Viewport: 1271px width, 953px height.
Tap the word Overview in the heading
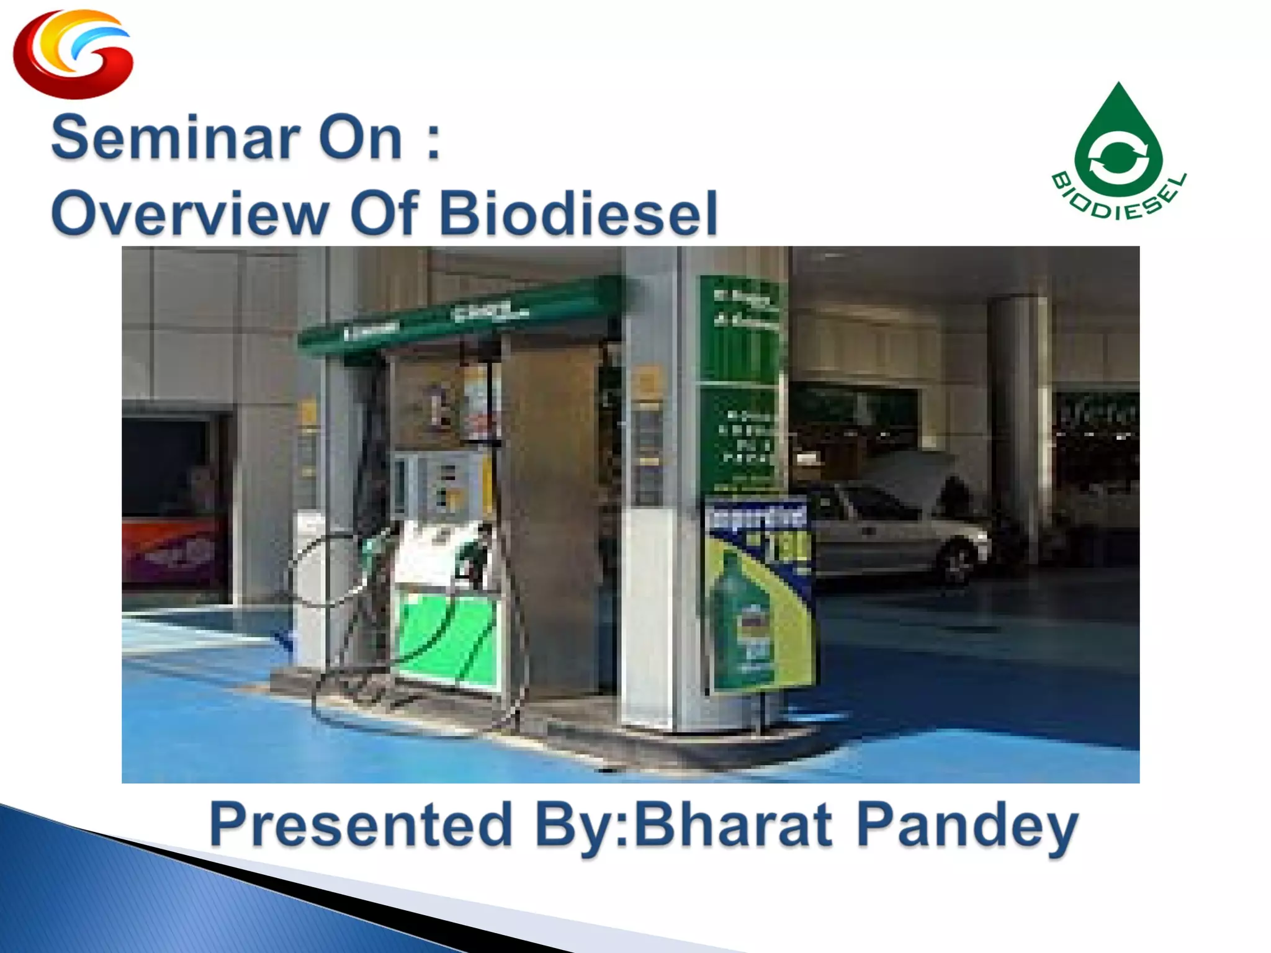click(189, 213)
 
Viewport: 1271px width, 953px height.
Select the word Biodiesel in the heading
click(577, 213)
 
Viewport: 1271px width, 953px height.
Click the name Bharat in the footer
click(732, 825)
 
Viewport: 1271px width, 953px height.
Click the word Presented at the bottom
click(360, 825)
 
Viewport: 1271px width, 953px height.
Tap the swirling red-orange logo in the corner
click(73, 55)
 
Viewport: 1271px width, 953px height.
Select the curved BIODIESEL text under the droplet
click(1118, 202)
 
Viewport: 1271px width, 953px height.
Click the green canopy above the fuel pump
click(459, 316)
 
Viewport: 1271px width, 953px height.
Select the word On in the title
click(360, 138)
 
